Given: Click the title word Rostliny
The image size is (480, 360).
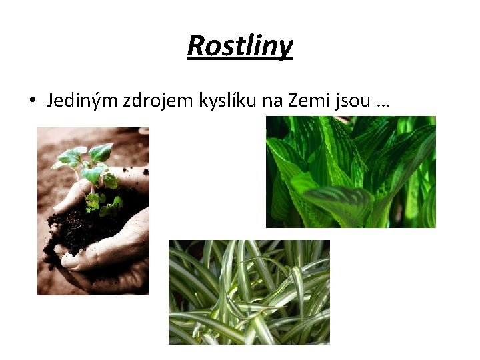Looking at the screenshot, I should pos(240,46).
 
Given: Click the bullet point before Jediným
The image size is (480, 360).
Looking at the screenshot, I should pos(31,101).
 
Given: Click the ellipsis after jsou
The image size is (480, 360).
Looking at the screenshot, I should pos(383,103).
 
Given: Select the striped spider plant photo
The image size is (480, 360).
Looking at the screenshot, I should pos(249,292).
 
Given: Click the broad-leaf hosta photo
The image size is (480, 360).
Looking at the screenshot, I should pos(351,172).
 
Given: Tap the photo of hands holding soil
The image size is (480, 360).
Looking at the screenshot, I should pos(93,211).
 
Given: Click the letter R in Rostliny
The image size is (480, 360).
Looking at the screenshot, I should pos(196,46).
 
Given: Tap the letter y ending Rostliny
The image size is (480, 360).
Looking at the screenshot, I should pos(285,48).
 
